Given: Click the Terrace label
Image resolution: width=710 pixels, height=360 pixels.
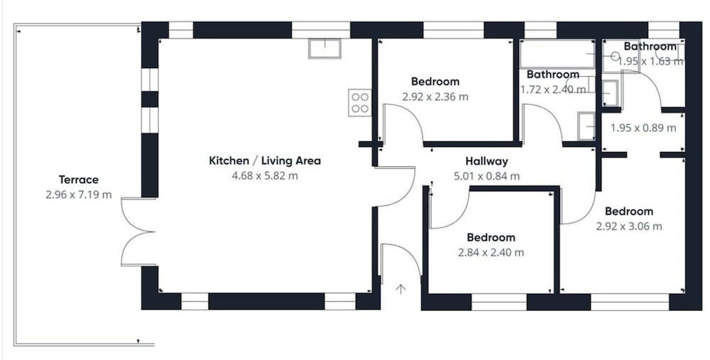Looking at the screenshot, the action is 78,180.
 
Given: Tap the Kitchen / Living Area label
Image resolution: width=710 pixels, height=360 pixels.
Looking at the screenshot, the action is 265,160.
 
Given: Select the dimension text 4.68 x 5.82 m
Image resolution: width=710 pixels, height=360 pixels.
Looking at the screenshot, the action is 265,175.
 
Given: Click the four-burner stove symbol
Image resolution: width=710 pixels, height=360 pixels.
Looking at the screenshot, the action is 360,103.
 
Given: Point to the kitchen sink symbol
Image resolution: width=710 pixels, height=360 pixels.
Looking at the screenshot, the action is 324,49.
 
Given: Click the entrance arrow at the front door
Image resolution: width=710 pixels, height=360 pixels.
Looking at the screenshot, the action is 400,289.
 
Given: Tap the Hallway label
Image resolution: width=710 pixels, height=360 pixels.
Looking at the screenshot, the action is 487,161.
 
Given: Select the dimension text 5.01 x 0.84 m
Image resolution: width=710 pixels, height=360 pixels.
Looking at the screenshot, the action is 487,176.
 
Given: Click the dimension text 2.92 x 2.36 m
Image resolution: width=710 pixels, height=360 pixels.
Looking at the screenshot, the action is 435,97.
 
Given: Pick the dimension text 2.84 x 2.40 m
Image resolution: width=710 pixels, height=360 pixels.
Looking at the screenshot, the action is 491,252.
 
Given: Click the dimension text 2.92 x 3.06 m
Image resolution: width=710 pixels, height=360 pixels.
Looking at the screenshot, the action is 629,226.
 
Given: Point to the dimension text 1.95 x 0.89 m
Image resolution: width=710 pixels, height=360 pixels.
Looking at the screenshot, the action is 643,128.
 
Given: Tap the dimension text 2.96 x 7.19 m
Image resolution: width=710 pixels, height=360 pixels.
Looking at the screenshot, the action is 78,195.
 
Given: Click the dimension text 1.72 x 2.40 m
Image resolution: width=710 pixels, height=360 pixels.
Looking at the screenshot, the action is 553,89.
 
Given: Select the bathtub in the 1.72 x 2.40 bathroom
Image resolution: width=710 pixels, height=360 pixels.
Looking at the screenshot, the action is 557,55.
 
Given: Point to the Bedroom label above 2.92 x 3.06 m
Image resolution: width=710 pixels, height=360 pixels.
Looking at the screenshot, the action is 629,212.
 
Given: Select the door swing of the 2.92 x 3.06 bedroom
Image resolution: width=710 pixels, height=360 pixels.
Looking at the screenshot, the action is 586,214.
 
